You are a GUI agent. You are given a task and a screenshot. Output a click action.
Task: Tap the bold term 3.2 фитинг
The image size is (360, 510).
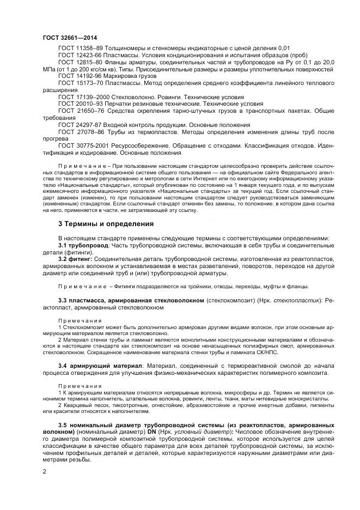[x=75, y=259]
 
